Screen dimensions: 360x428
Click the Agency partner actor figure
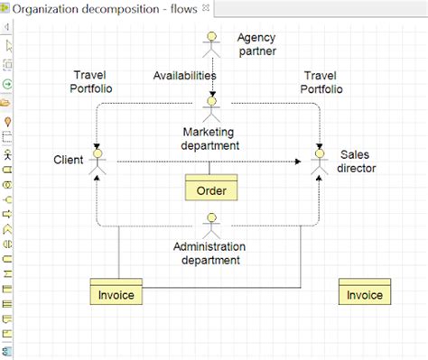211,45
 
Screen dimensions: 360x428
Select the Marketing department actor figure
211,108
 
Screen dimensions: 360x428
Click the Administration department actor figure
211,224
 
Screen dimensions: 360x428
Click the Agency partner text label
256,44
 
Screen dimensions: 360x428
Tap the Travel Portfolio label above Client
91,82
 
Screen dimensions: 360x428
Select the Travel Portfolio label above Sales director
322,82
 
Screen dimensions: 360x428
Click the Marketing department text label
210,138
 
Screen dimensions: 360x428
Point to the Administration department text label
210,254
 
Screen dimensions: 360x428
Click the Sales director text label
357,161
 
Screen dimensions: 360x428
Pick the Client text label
69,161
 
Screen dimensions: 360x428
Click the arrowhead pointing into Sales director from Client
301,162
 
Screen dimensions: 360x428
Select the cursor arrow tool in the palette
8,45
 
